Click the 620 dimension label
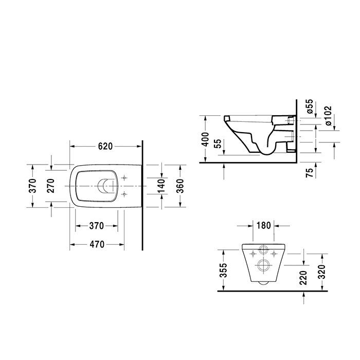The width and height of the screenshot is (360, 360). [x=105, y=146]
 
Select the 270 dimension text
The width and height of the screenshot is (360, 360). [x=50, y=185]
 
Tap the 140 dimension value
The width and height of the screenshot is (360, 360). [x=162, y=185]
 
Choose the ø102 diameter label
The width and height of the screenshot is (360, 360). [x=328, y=116]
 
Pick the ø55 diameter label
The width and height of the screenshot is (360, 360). [x=309, y=105]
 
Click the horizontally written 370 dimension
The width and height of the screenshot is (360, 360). [x=97, y=225]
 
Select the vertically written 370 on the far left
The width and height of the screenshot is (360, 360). [x=32, y=185]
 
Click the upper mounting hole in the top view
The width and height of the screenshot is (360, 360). [x=124, y=178]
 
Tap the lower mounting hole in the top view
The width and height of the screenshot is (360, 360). [x=124, y=193]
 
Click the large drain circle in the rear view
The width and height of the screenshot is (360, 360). [x=265, y=265]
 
